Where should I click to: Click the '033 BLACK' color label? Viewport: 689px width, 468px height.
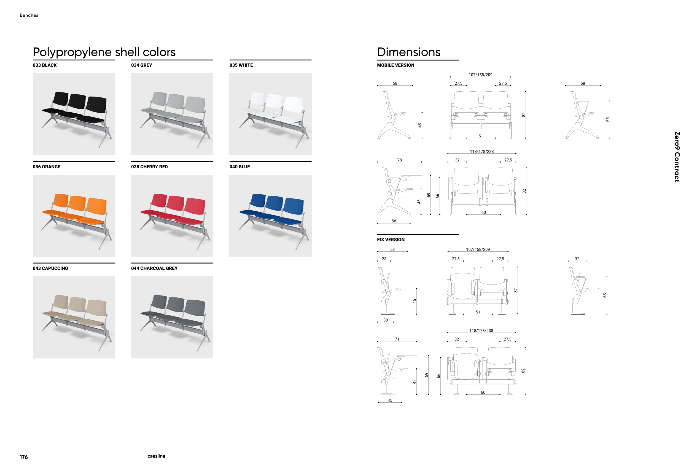44,65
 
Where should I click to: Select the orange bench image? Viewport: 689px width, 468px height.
74,216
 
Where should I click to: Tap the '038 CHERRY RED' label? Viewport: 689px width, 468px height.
149,167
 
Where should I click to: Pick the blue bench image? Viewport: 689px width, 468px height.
270,216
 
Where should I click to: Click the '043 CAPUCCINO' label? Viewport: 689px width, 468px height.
50,268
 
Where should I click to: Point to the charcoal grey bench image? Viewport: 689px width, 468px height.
172,317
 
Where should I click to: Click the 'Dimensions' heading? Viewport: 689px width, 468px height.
409,52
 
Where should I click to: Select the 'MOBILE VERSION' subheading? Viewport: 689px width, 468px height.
396,65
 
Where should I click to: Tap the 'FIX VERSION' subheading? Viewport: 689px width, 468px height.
391,240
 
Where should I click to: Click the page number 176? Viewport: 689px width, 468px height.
24,457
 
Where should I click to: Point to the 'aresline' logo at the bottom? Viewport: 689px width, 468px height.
157,456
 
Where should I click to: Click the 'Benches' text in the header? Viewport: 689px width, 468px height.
29,15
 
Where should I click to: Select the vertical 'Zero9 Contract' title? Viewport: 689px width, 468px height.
677,157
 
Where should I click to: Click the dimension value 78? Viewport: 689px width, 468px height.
400,160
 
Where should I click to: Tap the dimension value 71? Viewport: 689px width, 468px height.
397,339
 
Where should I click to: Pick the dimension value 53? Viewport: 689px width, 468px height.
392,249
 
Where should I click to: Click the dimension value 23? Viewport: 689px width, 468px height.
384,259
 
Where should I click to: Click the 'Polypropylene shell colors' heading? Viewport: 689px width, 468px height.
104,52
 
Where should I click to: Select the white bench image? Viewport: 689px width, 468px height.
270,114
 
